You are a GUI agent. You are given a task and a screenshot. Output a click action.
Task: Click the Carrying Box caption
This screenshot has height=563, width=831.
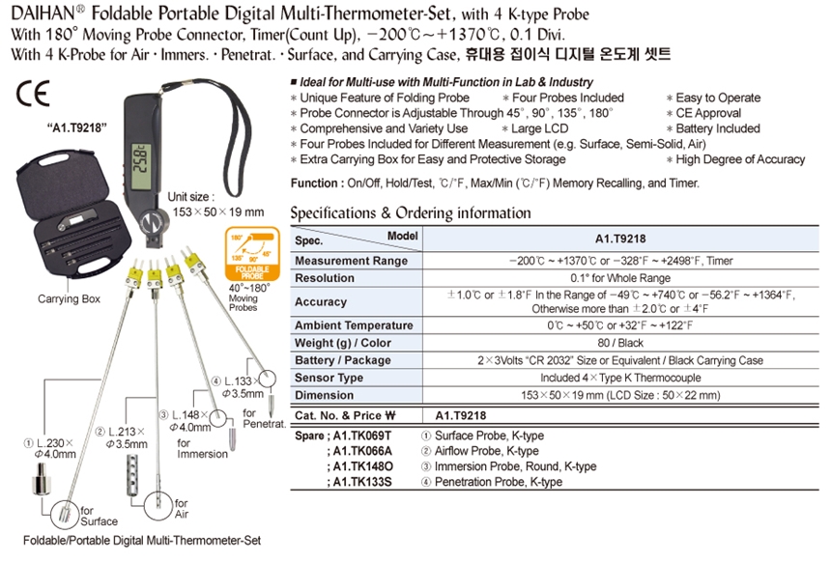point(70,299)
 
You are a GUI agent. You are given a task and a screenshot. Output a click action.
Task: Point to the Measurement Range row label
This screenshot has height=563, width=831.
point(351,261)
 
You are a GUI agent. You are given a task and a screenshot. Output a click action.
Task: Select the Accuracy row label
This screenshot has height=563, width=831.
point(321,301)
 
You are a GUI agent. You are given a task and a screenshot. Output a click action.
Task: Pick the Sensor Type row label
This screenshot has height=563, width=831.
point(330,378)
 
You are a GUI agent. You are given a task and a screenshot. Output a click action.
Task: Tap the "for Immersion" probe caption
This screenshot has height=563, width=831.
point(202,448)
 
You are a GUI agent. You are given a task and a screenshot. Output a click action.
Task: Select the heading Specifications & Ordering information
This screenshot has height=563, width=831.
point(411,212)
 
